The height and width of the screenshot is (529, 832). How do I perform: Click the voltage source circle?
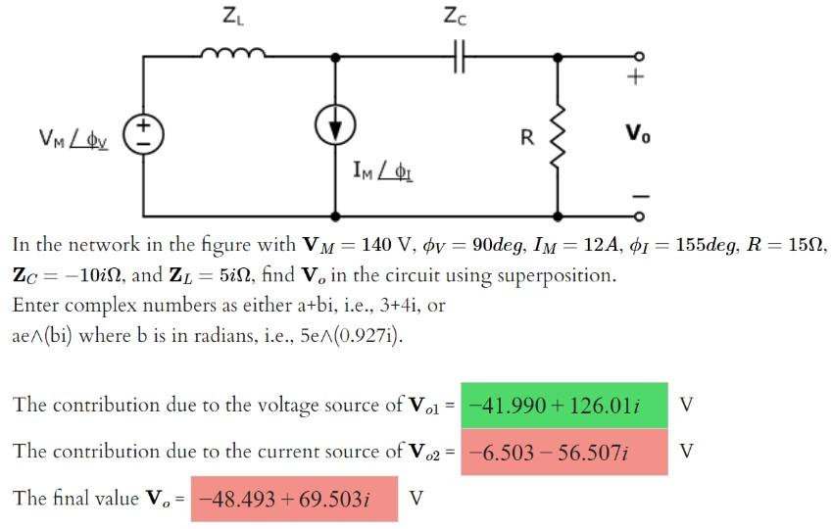tap(143, 135)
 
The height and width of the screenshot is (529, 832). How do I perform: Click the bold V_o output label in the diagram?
tap(636, 133)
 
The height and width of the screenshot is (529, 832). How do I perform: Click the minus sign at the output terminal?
tap(639, 195)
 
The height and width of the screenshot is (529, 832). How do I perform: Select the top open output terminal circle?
tap(639, 56)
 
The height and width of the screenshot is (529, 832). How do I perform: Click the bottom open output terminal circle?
tap(639, 216)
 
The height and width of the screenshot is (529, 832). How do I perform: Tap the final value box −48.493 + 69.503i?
tap(295, 499)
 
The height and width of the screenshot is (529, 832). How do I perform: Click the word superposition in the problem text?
tap(558, 275)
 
